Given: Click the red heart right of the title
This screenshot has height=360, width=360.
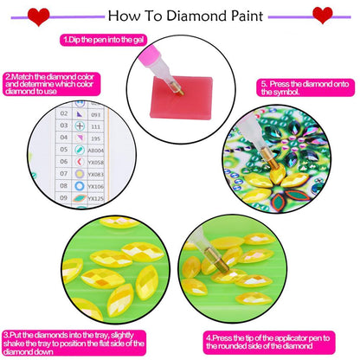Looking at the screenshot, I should (x=322, y=15).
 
